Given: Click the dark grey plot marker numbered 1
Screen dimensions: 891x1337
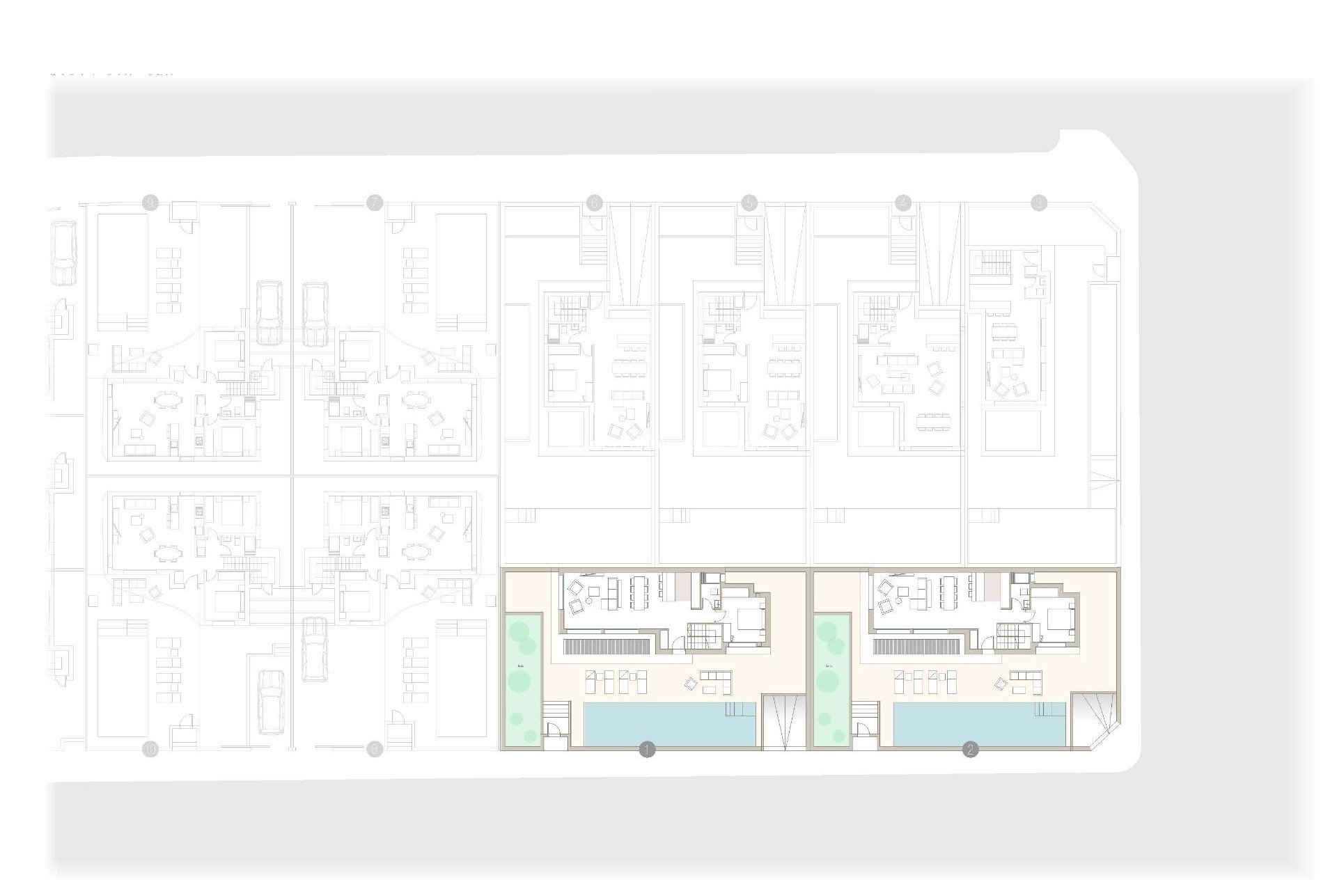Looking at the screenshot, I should pos(647,750).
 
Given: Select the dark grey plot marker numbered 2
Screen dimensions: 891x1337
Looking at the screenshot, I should pos(970,750).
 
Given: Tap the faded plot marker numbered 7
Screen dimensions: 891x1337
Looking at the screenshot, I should pos(375,203).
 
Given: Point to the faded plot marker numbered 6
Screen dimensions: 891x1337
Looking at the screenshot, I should pos(594,203).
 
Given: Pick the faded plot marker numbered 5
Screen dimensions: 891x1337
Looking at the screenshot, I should pos(749,203).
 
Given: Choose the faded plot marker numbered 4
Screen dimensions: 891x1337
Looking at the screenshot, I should pos(903,203).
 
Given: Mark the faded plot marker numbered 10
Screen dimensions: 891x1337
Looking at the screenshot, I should pos(150,750).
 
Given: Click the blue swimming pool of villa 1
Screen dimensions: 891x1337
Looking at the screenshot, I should pos(668,724).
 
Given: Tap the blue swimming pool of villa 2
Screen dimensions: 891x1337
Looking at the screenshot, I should pos(978,724).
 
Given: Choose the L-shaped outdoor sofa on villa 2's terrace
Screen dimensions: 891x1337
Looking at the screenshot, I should pos(1025,681).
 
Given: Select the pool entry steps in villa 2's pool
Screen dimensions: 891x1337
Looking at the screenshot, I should pos(1050,709).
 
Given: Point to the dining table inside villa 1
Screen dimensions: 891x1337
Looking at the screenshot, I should pos(642,588).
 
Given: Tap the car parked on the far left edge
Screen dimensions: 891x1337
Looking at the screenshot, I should pos(64,253).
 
